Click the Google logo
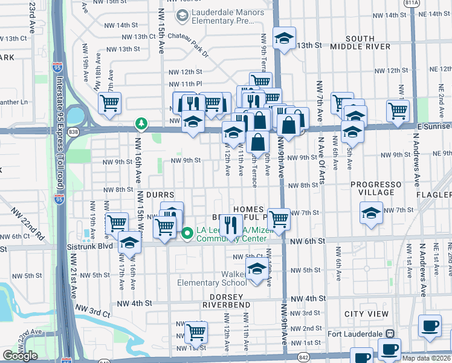coord(20,356)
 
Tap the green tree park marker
coord(141,124)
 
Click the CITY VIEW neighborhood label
coord(367,314)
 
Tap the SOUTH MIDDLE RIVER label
coord(361,43)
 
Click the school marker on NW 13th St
coord(284,38)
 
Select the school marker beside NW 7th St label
coord(371,212)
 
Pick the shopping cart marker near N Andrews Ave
coord(398,110)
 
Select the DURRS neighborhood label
coord(160,195)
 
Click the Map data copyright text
coord(427,358)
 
